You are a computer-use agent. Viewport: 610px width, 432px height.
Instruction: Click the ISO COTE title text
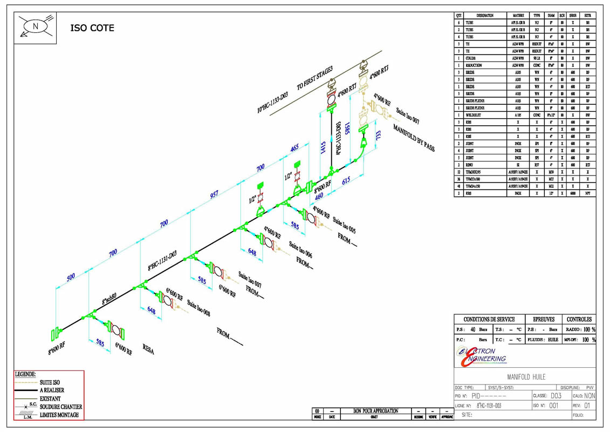click(x=92, y=28)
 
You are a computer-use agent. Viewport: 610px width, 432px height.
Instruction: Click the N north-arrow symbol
click(x=36, y=26)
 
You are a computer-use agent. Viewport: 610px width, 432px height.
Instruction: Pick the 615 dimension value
click(x=347, y=183)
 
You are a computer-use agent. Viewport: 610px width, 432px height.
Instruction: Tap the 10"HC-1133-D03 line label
click(x=273, y=103)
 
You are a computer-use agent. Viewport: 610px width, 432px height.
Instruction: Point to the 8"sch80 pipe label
click(x=117, y=295)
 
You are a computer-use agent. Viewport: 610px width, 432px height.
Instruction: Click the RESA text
click(x=148, y=350)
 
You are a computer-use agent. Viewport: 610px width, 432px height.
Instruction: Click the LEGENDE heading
click(x=24, y=374)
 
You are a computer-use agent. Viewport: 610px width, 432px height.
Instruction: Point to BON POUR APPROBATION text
click(x=376, y=411)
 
